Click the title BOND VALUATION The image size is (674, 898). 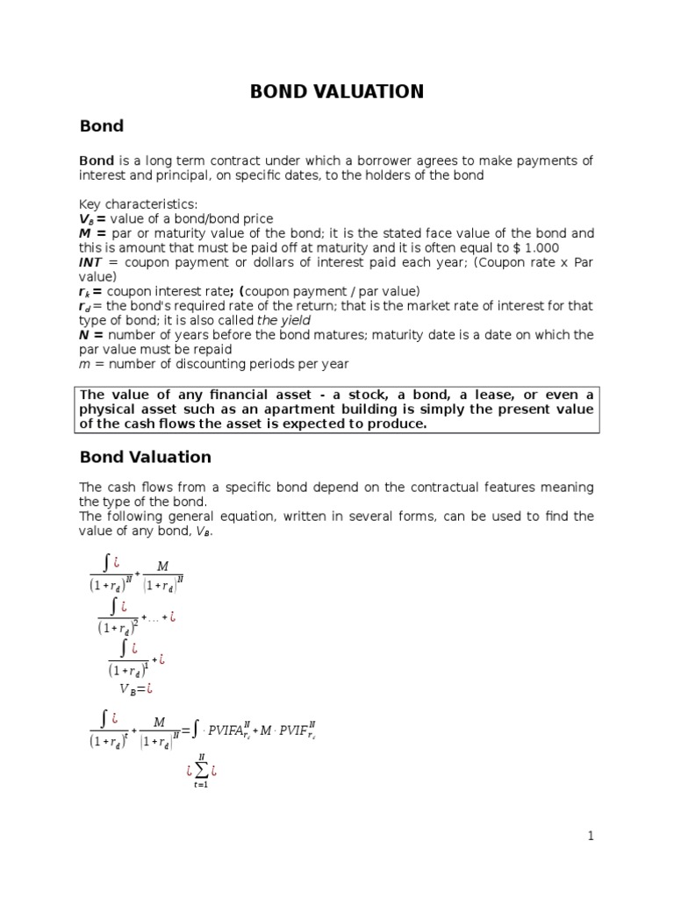click(337, 91)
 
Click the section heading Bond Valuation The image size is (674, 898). click(145, 457)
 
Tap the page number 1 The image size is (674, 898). click(591, 836)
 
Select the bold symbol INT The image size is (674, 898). click(90, 262)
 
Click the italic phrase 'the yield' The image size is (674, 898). click(284, 320)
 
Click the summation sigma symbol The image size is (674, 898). click(201, 771)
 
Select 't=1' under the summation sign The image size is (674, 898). click(201, 785)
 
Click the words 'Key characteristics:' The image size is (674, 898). click(139, 204)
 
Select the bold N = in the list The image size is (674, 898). click(91, 335)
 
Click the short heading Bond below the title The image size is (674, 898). click(101, 126)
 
